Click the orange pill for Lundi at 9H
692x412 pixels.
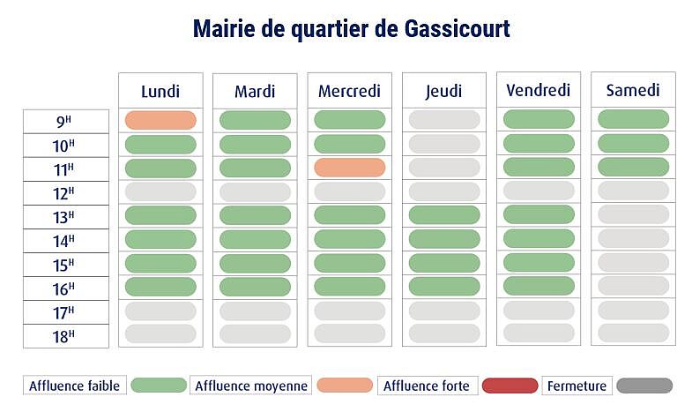tap(160, 120)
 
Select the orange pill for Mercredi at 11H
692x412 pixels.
tap(349, 168)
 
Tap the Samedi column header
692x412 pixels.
tap(633, 90)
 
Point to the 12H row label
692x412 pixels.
tap(65, 192)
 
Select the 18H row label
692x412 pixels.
tap(65, 335)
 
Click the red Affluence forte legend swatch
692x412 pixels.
tap(510, 386)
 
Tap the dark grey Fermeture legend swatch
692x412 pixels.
tap(644, 386)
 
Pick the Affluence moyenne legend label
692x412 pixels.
tap(250, 386)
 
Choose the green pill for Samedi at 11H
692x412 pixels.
tap(633, 167)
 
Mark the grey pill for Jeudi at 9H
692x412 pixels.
tap(443, 119)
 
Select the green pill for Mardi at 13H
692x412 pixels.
tap(255, 214)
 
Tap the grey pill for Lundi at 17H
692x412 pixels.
tap(160, 311)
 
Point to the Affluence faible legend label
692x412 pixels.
tap(74, 386)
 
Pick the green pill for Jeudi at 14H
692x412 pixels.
tap(443, 238)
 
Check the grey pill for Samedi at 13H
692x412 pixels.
tap(633, 214)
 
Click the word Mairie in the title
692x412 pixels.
tap(224, 29)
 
